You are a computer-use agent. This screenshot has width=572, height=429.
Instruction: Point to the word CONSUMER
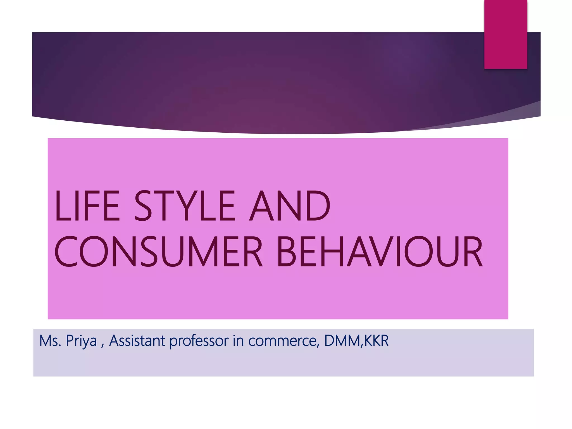tap(158, 252)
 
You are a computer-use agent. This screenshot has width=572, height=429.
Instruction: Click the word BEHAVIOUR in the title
tap(380, 252)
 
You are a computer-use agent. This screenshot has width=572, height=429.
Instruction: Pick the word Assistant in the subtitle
tap(137, 341)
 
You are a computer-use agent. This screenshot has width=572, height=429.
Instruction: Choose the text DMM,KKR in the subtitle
tap(356, 341)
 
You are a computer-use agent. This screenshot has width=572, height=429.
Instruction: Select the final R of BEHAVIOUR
tap(472, 252)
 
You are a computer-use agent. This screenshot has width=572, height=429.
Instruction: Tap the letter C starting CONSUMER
tap(66, 252)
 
